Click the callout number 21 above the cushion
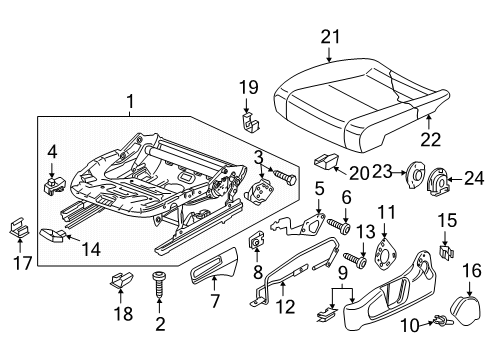[330, 37]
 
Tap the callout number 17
[22, 263]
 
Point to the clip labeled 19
[250, 121]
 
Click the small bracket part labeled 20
[326, 160]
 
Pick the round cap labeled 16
[466, 308]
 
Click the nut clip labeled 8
[256, 242]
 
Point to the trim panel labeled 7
[214, 266]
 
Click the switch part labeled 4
[55, 185]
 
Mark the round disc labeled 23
[414, 175]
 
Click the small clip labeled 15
[446, 252]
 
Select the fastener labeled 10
[442, 321]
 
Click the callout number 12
[286, 307]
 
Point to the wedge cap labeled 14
[53, 234]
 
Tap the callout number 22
[430, 139]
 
